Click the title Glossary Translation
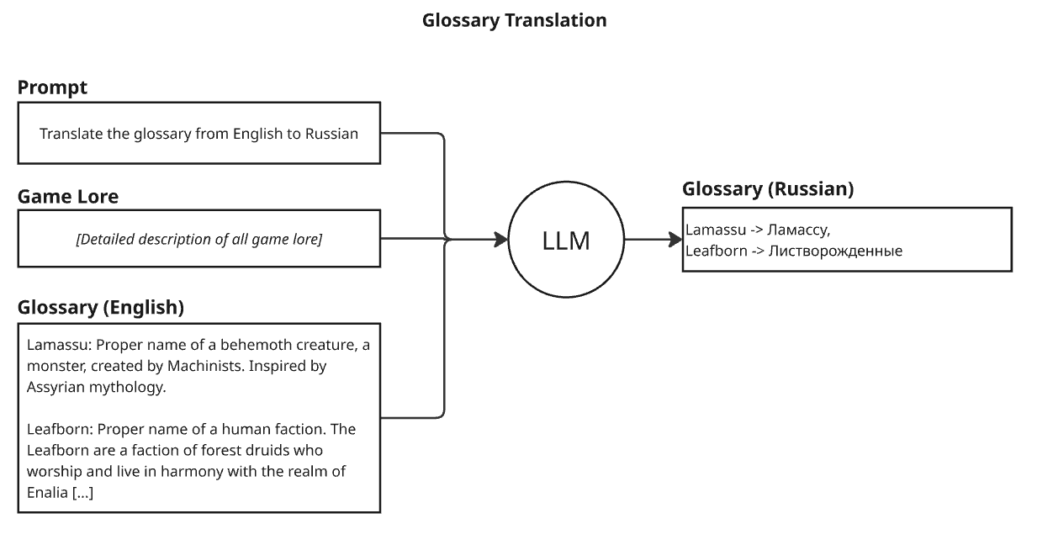point(515,20)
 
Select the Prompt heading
point(52,87)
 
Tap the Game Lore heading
point(68,196)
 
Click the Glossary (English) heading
point(100,308)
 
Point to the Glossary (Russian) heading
point(768,189)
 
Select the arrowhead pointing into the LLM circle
point(501,240)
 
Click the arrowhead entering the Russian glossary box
point(676,240)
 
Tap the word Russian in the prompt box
point(331,134)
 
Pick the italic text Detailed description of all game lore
point(199,239)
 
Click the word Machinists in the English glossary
point(205,366)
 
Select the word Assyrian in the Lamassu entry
point(56,387)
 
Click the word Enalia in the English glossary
point(47,492)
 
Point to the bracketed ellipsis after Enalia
point(83,492)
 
